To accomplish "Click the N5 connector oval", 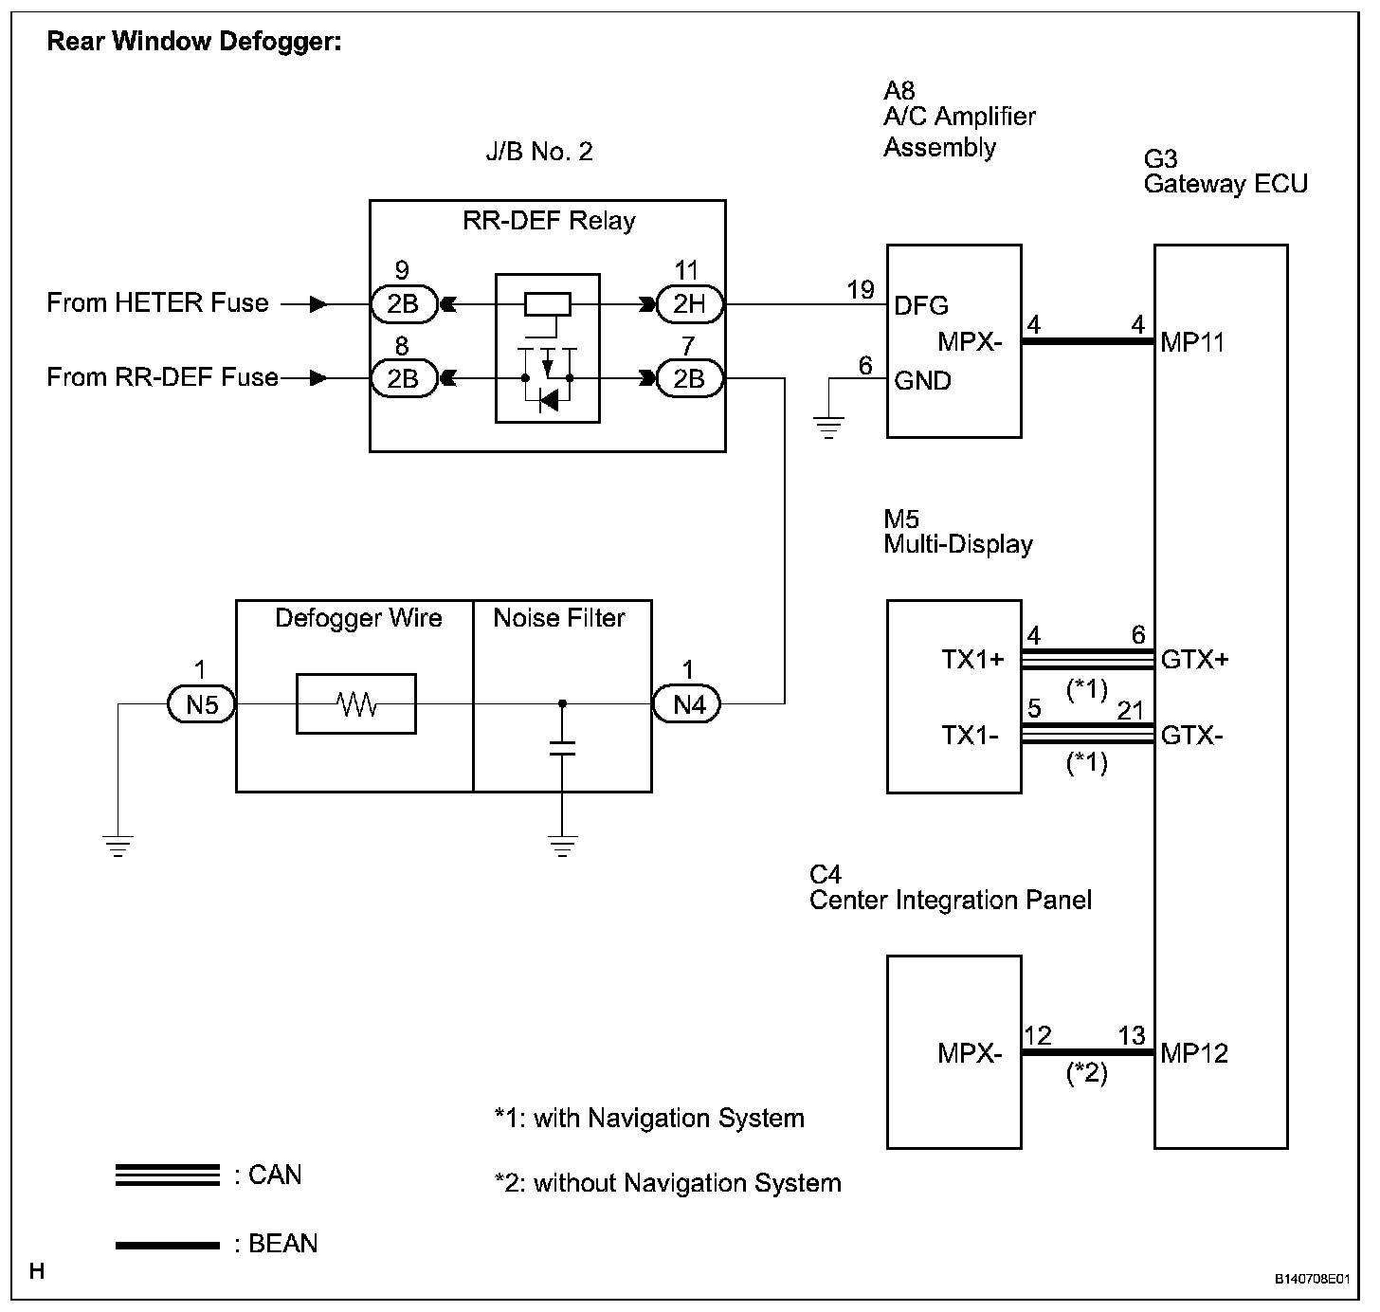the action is tap(202, 703).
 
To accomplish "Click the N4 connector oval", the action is tap(686, 703).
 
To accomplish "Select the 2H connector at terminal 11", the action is tap(689, 303).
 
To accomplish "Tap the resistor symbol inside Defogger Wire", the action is tap(356, 703).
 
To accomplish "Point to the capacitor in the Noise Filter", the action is tap(562, 748).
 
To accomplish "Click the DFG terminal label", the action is tap(921, 305).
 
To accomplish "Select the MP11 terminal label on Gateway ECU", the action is tap(1192, 343).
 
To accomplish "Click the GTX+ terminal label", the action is tap(1194, 660).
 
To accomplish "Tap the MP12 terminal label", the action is tap(1194, 1053).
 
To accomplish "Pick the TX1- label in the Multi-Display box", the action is tap(970, 736).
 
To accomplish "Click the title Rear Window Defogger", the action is tap(194, 42).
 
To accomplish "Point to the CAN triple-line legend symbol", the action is tap(168, 1175).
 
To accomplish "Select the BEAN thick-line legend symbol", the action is tap(168, 1246).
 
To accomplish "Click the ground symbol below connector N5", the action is tap(118, 846).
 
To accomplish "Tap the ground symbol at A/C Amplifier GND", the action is tap(829, 427).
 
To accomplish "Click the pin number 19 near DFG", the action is tap(861, 289).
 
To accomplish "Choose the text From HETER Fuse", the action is tap(158, 302).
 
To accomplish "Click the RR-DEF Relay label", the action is tap(549, 221).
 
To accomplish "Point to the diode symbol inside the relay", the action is tap(548, 400).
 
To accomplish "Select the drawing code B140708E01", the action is tap(1312, 1279).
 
